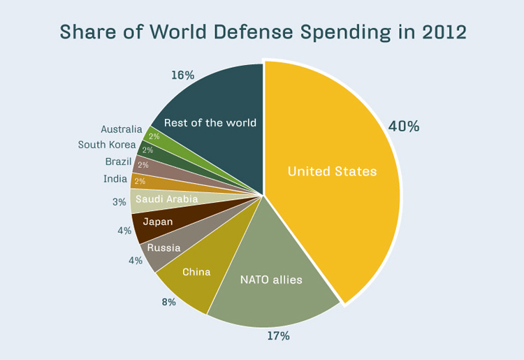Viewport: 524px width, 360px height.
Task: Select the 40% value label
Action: [x=404, y=127]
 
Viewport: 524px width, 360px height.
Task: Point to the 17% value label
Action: [x=278, y=336]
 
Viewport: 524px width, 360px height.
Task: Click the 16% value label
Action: [x=182, y=75]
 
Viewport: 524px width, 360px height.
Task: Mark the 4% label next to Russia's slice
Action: [x=135, y=260]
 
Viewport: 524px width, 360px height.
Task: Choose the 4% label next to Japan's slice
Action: [x=124, y=230]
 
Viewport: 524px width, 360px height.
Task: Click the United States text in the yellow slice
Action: [x=332, y=171]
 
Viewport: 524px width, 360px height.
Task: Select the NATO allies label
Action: [x=271, y=280]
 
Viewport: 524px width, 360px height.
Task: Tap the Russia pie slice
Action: [x=163, y=248]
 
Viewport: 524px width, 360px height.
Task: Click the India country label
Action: [x=115, y=179]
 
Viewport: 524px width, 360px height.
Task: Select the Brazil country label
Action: [x=118, y=161]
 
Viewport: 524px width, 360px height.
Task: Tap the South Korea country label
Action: [x=107, y=145]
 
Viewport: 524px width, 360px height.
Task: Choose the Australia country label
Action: [x=121, y=129]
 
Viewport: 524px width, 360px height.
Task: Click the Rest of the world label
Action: [x=210, y=123]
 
